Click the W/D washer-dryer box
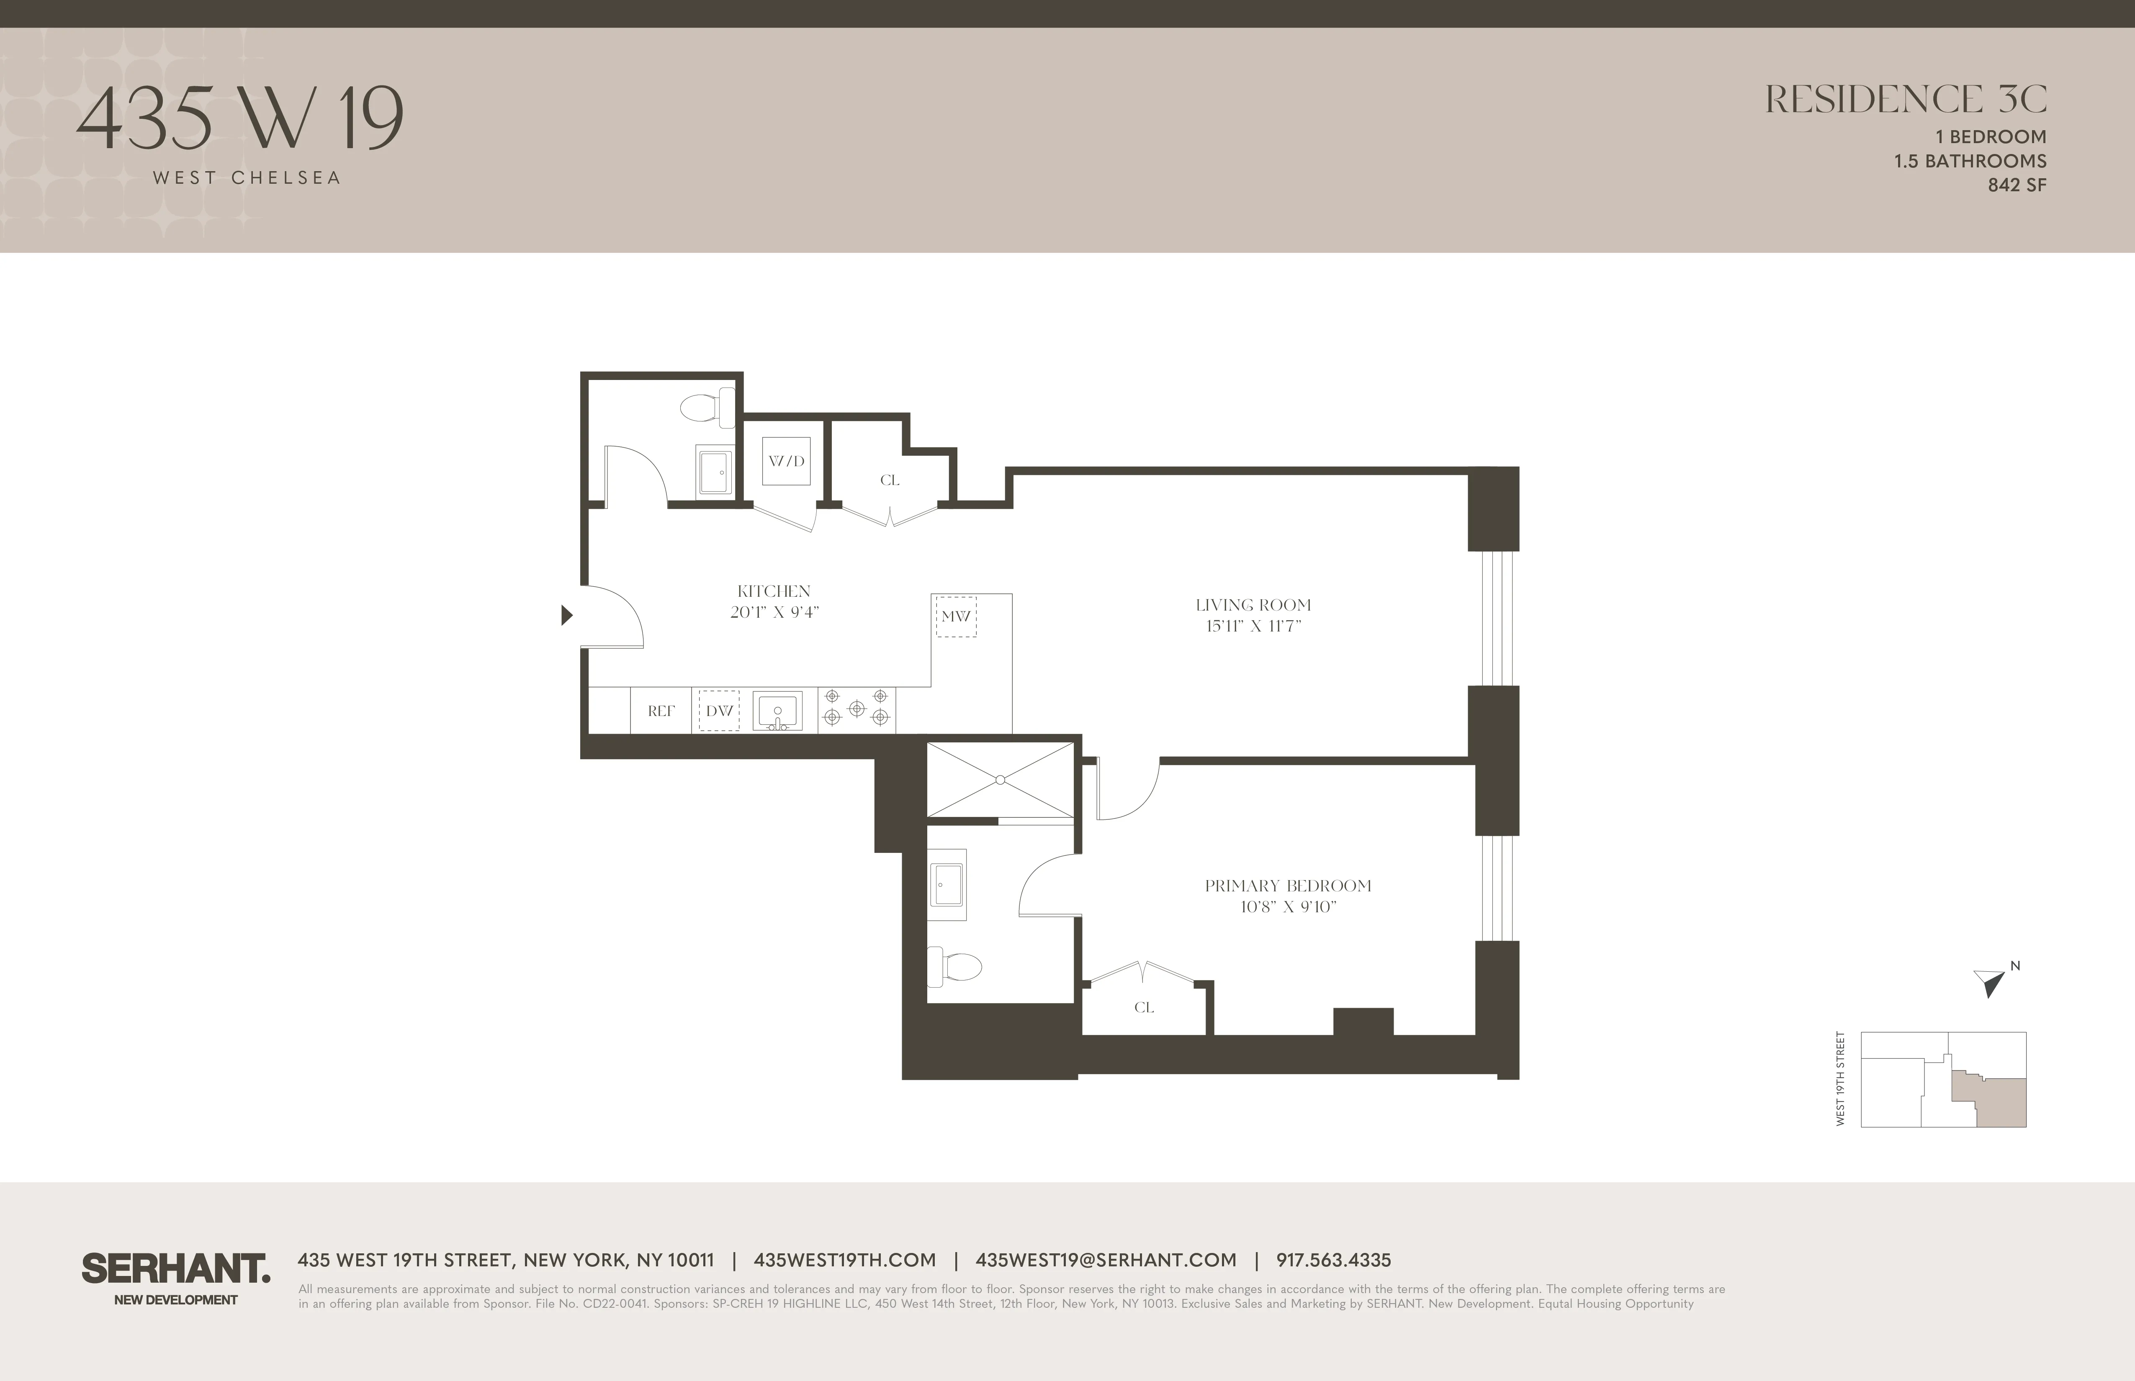tap(786, 461)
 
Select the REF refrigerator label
tap(661, 711)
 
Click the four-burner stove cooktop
tap(857, 708)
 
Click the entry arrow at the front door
tap(566, 615)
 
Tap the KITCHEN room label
tap(773, 591)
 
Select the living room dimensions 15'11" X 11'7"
tap(1253, 626)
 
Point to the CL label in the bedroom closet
tap(1144, 1007)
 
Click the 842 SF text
tap(2017, 185)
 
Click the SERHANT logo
tap(176, 1269)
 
